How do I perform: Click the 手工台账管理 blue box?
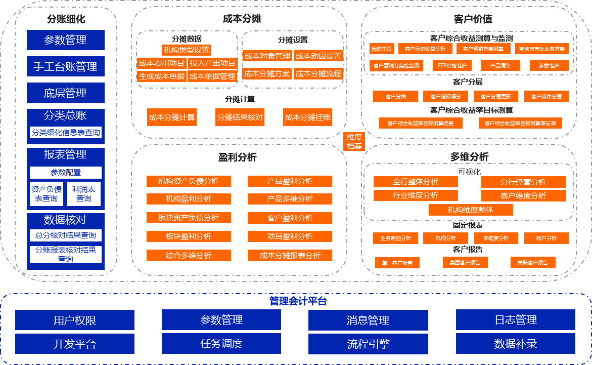pyautogui.click(x=65, y=66)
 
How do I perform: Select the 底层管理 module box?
pyautogui.click(x=65, y=93)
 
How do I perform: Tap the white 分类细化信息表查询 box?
pyautogui.click(x=66, y=133)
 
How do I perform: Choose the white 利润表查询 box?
pyautogui.click(x=84, y=193)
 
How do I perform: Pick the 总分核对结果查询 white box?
pyautogui.click(x=66, y=235)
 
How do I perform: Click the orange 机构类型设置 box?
pyautogui.click(x=187, y=50)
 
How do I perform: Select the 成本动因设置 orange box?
pyautogui.click(x=318, y=56)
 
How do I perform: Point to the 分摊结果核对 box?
pyautogui.click(x=240, y=117)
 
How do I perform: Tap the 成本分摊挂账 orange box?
pyautogui.click(x=308, y=117)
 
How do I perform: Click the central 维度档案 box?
pyautogui.click(x=354, y=142)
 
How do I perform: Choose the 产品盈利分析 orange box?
pyautogui.click(x=290, y=181)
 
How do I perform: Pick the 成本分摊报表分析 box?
pyautogui.click(x=290, y=256)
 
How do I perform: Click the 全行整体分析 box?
pyautogui.click(x=416, y=182)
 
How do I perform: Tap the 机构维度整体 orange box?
pyautogui.click(x=471, y=210)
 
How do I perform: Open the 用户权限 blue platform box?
pyautogui.click(x=75, y=320)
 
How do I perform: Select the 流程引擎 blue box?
pyautogui.click(x=368, y=344)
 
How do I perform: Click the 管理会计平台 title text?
pyautogui.click(x=298, y=302)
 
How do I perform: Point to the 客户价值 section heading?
pyautogui.click(x=473, y=19)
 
